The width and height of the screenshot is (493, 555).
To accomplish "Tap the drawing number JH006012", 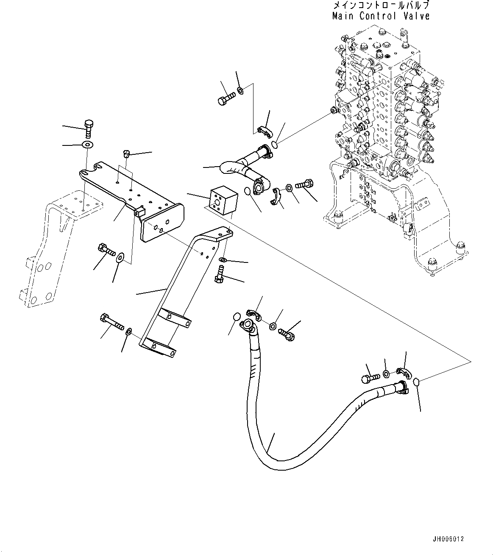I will [448, 539].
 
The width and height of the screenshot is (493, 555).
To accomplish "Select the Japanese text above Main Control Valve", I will [381, 6].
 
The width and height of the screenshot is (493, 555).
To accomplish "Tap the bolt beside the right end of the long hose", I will [370, 377].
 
